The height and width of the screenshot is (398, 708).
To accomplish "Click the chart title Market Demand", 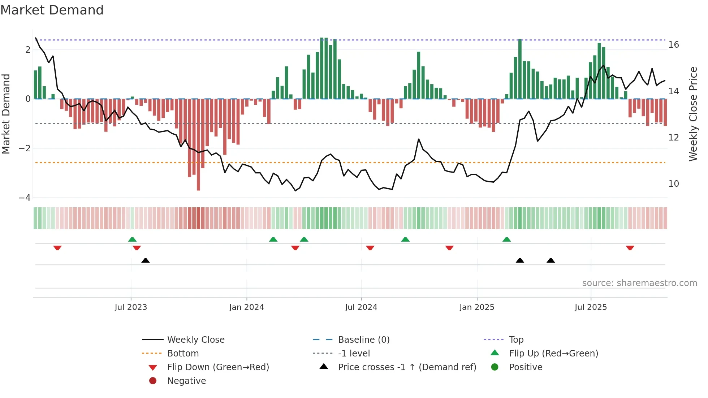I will coord(52,10).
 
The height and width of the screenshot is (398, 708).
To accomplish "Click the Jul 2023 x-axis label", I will coord(131,307).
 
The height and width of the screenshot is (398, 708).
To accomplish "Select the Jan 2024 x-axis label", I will coord(247,307).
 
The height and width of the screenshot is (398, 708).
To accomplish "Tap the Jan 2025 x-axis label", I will coord(477,307).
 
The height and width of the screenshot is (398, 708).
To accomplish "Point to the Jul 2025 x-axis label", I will coord(591,307).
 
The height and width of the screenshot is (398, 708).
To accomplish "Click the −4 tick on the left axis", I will coord(25,198).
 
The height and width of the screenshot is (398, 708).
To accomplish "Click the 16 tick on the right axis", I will coord(674,45).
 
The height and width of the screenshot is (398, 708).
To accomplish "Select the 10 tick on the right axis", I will coord(674,184).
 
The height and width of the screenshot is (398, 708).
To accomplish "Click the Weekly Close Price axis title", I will coord(693,114).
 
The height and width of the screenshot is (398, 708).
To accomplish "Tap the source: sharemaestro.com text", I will coord(639,283).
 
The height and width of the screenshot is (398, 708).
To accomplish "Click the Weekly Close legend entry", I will coord(195,340).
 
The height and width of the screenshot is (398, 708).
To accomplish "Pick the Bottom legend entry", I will coord(183,354).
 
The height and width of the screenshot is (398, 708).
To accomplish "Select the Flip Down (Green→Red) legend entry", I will coord(218,367).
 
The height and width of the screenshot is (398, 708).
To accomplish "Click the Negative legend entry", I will coord(186,381).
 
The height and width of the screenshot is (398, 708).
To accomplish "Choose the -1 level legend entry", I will coord(354,354).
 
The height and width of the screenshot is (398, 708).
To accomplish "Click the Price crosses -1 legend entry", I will coord(407,367).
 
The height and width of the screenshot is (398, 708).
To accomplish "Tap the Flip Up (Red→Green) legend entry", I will coord(553,354).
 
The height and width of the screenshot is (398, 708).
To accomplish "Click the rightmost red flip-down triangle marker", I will coord(630,248).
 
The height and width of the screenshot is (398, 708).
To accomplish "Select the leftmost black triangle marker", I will coord(146,260).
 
